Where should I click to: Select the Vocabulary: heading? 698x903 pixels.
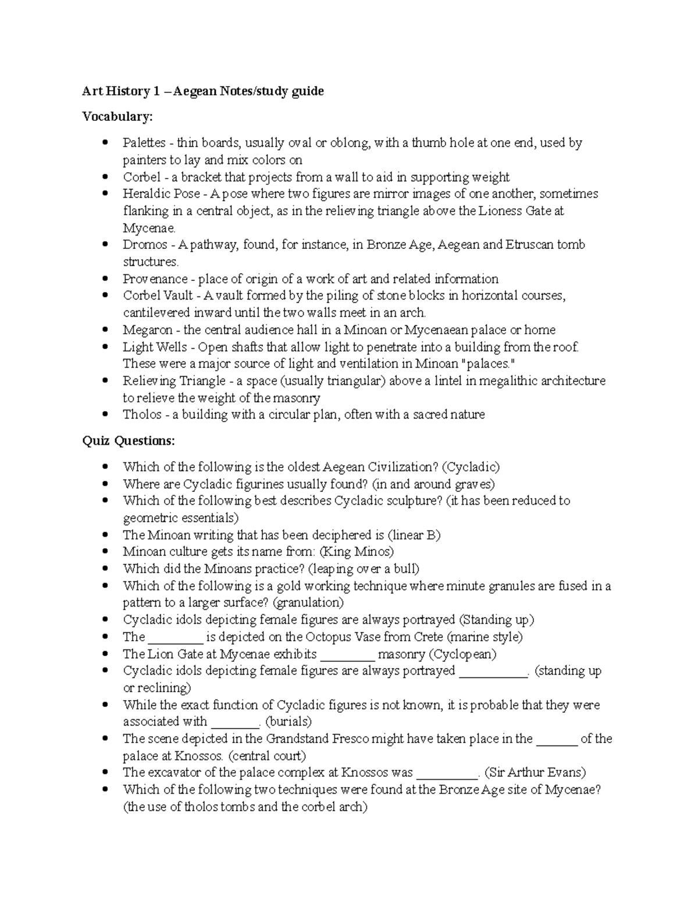pyautogui.click(x=117, y=117)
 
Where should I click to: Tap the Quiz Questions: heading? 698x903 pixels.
pyautogui.click(x=128, y=441)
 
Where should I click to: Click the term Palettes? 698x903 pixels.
pyautogui.click(x=144, y=143)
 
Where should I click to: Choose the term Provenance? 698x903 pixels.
pyautogui.click(x=155, y=279)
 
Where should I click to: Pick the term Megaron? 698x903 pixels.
pyautogui.click(x=148, y=330)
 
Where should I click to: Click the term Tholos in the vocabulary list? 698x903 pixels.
pyautogui.click(x=142, y=415)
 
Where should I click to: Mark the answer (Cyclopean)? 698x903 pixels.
pyautogui.click(x=462, y=654)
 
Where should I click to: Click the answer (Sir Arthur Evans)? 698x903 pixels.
pyautogui.click(x=535, y=773)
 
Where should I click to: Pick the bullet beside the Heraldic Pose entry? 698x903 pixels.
pyautogui.click(x=105, y=194)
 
